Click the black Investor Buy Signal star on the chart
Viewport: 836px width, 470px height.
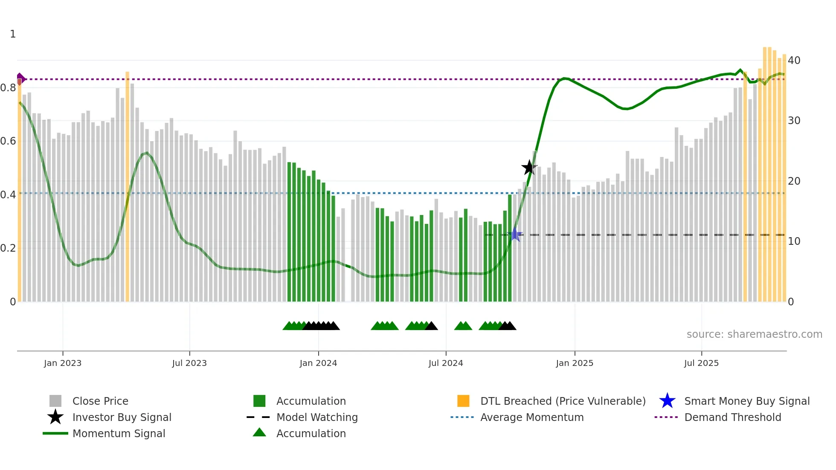pyautogui.click(x=529, y=168)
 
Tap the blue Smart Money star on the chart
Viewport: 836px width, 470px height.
pyautogui.click(x=515, y=235)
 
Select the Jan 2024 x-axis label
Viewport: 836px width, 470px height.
pyautogui.click(x=318, y=363)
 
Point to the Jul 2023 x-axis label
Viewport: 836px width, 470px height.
pyautogui.click(x=189, y=363)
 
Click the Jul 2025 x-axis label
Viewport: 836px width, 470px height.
pyautogui.click(x=701, y=363)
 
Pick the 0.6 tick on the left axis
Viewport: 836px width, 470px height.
pyautogui.click(x=8, y=141)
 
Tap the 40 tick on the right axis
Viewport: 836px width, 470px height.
pyautogui.click(x=794, y=61)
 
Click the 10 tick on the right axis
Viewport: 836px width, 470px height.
pyautogui.click(x=794, y=241)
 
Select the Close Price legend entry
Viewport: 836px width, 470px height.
pyautogui.click(x=100, y=401)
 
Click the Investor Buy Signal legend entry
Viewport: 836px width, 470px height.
pyautogui.click(x=122, y=418)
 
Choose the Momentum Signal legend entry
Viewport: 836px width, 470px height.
pyautogui.click(x=119, y=434)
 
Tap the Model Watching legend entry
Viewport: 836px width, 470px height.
pyautogui.click(x=317, y=418)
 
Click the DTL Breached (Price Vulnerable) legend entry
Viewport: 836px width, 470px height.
pyautogui.click(x=563, y=401)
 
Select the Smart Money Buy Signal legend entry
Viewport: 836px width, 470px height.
pyautogui.click(x=746, y=401)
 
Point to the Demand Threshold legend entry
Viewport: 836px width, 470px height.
pyautogui.click(x=732, y=418)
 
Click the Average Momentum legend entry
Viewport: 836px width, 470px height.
pyautogui.click(x=531, y=418)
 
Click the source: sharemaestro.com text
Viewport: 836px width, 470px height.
pyautogui.click(x=754, y=334)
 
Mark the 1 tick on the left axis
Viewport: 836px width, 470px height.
pyautogui.click(x=13, y=34)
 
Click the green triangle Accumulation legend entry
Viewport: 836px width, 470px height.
pyautogui.click(x=311, y=434)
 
